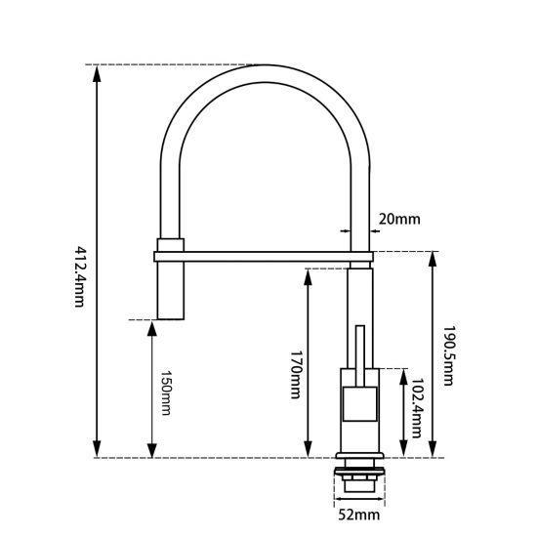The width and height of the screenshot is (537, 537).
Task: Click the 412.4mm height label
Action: pyautogui.click(x=79, y=276)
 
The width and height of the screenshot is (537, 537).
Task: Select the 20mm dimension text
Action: pyautogui.click(x=399, y=219)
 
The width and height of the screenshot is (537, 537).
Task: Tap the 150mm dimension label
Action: pyautogui.click(x=166, y=392)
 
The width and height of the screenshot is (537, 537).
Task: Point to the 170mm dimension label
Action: pyautogui.click(x=296, y=374)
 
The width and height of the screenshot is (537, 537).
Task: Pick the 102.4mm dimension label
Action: pyautogui.click(x=417, y=408)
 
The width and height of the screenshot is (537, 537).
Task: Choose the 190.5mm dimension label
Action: pyautogui.click(x=449, y=355)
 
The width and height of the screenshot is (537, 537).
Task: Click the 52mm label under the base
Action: pyautogui.click(x=359, y=515)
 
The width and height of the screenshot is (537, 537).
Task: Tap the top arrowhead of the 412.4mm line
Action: pyautogui.click(x=98, y=73)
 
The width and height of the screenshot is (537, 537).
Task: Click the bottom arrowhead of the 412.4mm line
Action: pyautogui.click(x=98, y=449)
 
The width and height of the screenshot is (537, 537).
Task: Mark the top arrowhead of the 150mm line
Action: pyautogui.click(x=151, y=329)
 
